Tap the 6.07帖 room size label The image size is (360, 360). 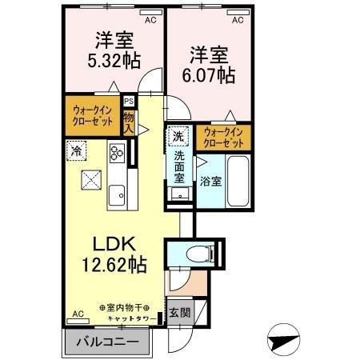(211, 75)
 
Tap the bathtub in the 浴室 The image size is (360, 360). (238, 181)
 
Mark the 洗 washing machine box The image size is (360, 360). (180, 136)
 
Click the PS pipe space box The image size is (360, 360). (129, 101)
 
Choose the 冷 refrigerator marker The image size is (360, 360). (77, 150)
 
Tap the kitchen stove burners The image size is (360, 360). (117, 152)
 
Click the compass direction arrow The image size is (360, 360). (285, 339)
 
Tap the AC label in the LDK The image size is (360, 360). (78, 314)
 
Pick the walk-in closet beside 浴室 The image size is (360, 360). (223, 137)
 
